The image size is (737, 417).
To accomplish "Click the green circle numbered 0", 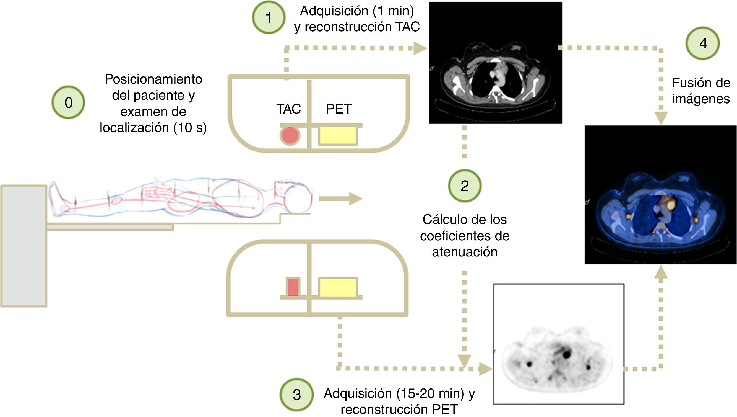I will pos(68,102).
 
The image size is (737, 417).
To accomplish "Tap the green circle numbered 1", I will pos(268,17).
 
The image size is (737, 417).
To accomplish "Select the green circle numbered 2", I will pos(465,186).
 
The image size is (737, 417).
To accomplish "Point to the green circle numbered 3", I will pos(296,394).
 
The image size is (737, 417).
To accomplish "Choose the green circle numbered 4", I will pos(703,43).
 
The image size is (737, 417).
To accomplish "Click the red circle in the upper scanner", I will pos(290,136).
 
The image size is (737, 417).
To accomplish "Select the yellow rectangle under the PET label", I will pos(338,135).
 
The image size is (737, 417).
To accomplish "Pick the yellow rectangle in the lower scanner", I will pos(338,287).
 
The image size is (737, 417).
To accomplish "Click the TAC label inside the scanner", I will pos(288,109).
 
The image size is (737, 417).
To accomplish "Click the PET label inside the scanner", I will pos(339,109).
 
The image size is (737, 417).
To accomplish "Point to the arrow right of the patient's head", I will pos(340,199).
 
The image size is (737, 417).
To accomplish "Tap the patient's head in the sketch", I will pos(298,198).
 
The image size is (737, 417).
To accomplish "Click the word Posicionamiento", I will pos(153,79).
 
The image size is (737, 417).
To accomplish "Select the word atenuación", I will pos(465,252).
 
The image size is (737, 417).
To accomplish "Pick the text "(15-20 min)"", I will pos(430,393).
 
